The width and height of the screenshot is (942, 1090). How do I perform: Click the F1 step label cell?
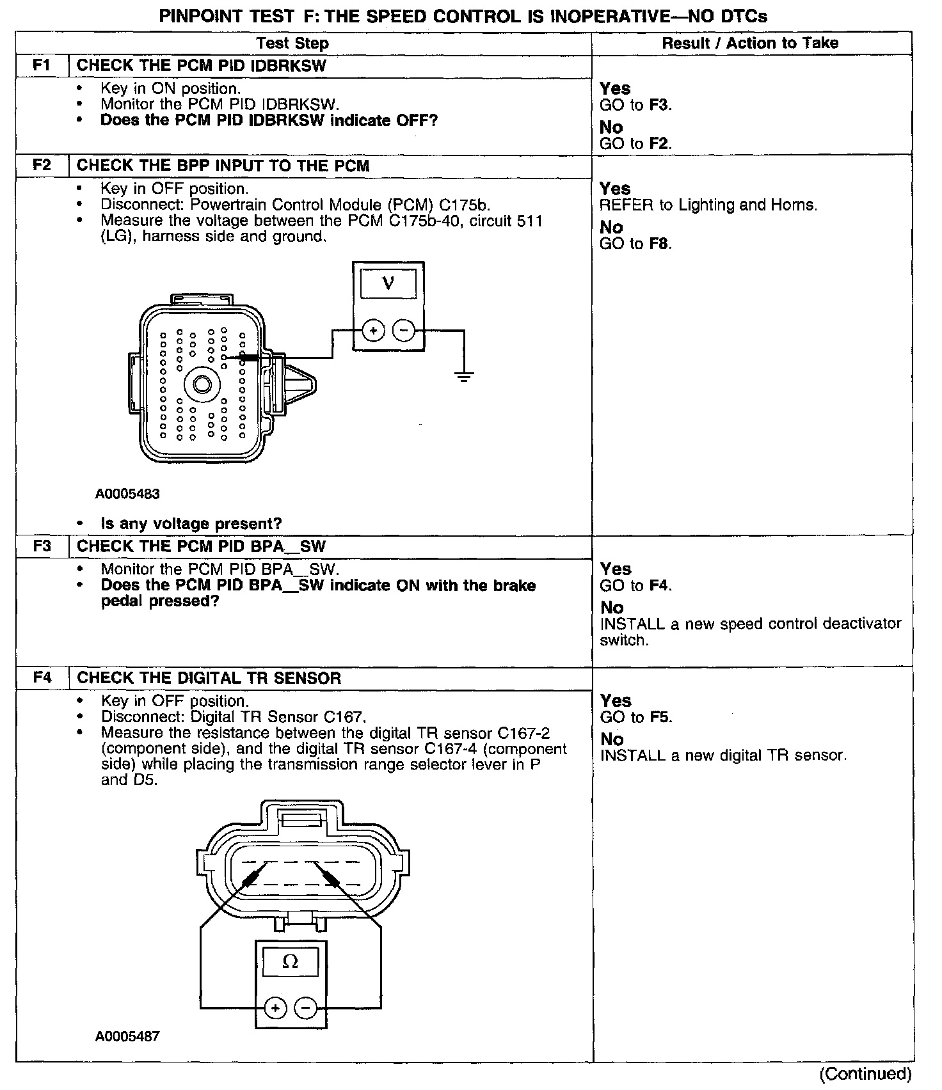coord(42,66)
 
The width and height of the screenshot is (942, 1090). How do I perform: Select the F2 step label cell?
coord(42,166)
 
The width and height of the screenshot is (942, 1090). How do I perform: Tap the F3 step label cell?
coord(42,546)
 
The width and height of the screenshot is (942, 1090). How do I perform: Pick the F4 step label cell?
coord(42,678)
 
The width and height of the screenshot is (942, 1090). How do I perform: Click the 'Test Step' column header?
coord(292,43)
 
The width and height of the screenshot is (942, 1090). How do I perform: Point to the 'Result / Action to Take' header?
coord(750,43)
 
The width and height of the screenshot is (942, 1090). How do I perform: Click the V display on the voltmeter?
coord(388,283)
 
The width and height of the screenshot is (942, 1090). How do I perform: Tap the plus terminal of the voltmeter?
coord(373,331)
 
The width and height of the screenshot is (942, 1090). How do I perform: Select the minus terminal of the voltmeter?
coord(403,331)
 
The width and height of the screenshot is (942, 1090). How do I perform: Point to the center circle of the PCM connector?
coord(202,384)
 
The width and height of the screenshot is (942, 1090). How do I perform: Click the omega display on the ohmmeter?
coord(291,961)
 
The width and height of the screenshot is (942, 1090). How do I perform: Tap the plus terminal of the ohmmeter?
coord(275,1009)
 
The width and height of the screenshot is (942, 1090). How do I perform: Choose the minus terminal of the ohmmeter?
coord(306,1009)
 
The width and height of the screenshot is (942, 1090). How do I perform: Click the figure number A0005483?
coord(127,494)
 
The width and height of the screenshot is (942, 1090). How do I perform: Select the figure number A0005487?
coord(127,1036)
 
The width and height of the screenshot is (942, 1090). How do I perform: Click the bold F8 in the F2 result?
coord(660,244)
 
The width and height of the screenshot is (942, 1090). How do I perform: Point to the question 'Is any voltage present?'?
coord(191,524)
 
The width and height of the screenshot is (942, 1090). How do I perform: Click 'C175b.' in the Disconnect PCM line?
coord(465,205)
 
